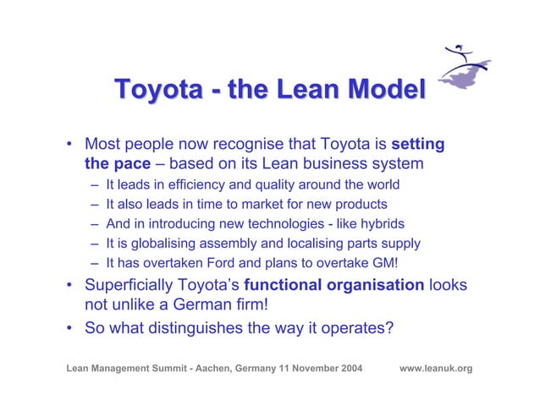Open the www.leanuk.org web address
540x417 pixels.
[435, 369]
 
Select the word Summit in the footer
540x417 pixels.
[157, 369]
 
